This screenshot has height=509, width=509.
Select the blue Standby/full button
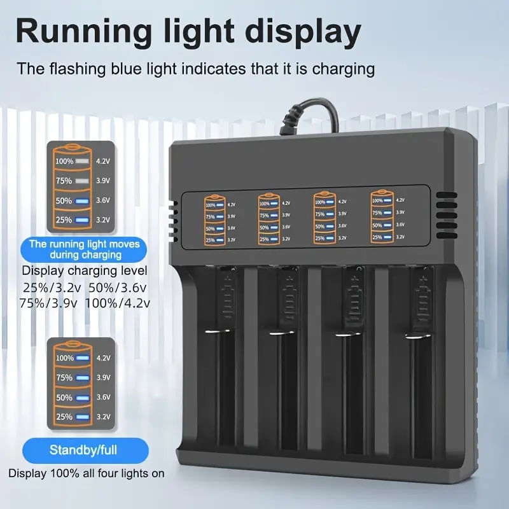[83, 450]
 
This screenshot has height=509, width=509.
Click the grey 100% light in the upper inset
[81, 162]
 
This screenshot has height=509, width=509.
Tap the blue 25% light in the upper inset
[81, 220]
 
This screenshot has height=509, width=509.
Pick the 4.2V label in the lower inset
[102, 358]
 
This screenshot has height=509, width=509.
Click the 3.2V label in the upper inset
[102, 220]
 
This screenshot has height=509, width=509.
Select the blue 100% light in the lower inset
[81, 358]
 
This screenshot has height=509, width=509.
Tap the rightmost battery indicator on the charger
[382, 216]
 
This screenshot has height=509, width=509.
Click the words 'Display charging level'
[84, 271]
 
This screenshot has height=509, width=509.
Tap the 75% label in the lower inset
[64, 377]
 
